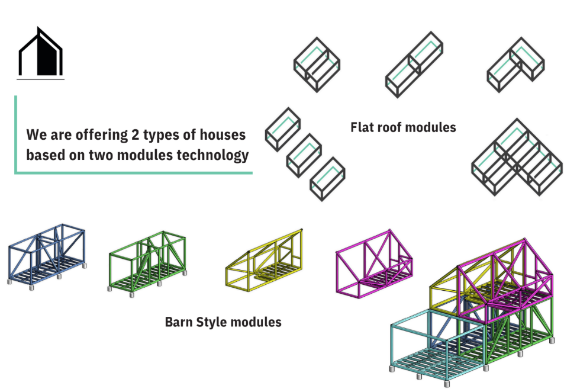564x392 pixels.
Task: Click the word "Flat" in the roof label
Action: tap(363, 127)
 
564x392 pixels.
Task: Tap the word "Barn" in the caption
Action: tap(179, 323)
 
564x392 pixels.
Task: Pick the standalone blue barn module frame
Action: tap(47, 255)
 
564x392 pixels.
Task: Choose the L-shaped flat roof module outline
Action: tap(515, 65)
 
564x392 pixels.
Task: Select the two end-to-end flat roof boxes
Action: tap(415, 65)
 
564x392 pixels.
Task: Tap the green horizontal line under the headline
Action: tap(134, 173)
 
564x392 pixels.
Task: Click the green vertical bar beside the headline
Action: tap(15, 134)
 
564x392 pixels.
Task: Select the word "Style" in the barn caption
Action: tap(211, 323)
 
